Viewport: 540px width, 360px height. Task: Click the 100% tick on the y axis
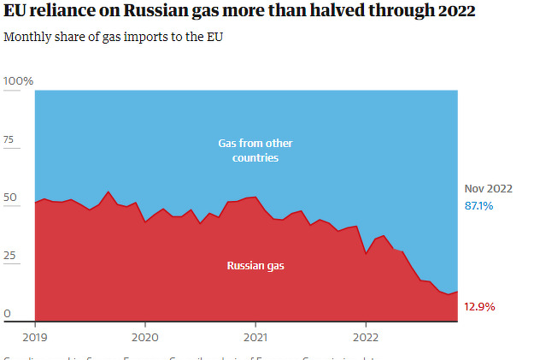pos(18,81)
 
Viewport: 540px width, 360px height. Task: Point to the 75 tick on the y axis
pos(10,139)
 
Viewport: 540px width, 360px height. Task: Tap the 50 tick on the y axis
pos(10,198)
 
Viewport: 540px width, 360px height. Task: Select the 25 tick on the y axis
pos(10,256)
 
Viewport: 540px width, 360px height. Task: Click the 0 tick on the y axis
pos(7,314)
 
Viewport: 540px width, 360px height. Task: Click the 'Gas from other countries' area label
pos(255,150)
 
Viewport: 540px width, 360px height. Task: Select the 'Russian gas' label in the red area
pos(255,266)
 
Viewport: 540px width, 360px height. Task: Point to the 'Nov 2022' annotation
pos(488,189)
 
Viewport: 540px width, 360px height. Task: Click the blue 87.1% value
pos(479,206)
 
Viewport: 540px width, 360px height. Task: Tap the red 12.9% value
pos(479,306)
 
